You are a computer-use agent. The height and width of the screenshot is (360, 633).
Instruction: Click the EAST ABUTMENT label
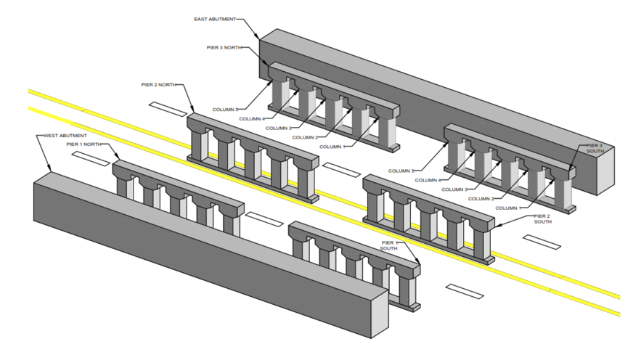pos(216,20)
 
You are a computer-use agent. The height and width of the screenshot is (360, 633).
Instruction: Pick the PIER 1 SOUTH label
pos(390,245)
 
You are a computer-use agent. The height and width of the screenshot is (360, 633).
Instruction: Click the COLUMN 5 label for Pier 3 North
pos(226,110)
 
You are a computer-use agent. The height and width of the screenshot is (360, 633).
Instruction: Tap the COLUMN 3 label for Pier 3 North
pos(279,128)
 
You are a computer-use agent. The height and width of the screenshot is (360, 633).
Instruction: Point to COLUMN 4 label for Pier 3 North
pos(252,118)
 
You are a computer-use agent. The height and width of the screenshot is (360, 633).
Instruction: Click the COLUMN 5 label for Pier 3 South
pos(401,171)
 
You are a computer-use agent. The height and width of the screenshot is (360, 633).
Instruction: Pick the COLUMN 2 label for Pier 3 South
pos(483,198)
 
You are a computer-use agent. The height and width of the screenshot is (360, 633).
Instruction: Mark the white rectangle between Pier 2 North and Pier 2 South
pos(340,169)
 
